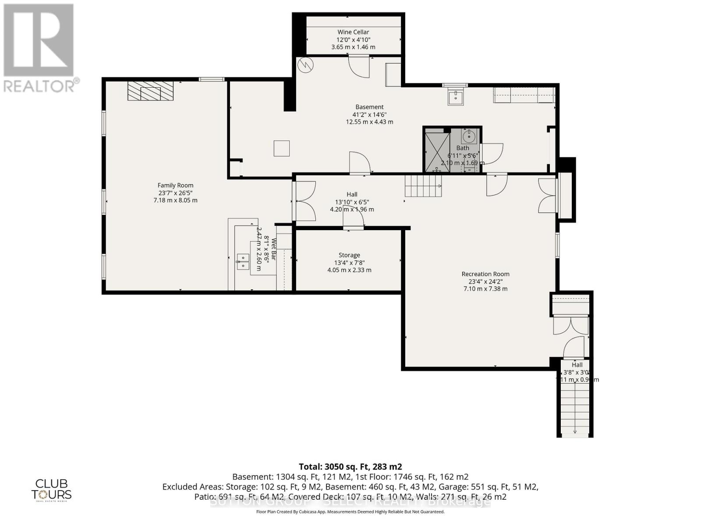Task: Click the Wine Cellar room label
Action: tap(353, 32)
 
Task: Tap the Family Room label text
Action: tap(175, 185)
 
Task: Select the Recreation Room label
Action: tap(485, 274)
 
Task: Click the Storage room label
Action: tap(349, 255)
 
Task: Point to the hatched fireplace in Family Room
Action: tap(150, 91)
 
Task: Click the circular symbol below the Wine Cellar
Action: tap(305, 66)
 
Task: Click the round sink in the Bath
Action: tap(469, 136)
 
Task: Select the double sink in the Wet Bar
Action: tap(243, 262)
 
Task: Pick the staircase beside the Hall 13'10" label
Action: tap(422, 186)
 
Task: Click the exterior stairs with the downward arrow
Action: tap(575, 408)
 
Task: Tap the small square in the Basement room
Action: tap(282, 148)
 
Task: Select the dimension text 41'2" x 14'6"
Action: tap(369, 114)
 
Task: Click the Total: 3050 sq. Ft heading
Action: tap(350, 467)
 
